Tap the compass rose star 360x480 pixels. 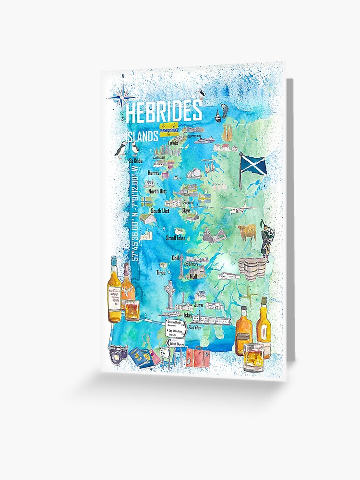(121, 97)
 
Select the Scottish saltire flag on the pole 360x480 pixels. (253, 163)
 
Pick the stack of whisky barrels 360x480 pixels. (252, 268)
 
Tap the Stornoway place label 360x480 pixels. (197, 136)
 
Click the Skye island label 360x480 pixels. (186, 210)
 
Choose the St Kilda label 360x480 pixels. (136, 160)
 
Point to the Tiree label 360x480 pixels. (161, 273)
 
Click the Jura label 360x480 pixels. (199, 304)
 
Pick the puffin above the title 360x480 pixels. (202, 95)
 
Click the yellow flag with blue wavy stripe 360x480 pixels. (169, 129)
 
